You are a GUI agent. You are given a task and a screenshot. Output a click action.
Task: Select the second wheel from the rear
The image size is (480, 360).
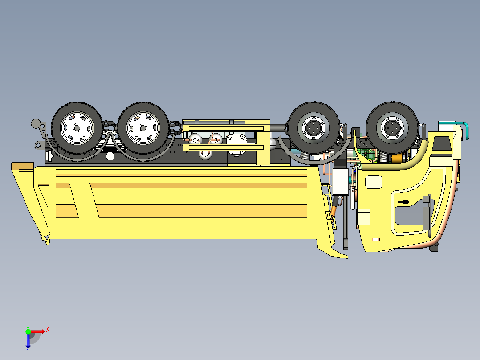(x=143, y=128)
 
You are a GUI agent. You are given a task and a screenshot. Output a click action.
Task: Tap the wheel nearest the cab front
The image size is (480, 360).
(x=392, y=127)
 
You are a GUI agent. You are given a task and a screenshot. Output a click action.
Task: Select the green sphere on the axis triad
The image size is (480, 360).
(x=28, y=331)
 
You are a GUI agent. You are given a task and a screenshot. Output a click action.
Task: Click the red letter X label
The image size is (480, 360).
(x=47, y=329)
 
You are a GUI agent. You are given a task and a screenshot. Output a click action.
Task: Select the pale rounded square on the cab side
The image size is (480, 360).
(x=374, y=181)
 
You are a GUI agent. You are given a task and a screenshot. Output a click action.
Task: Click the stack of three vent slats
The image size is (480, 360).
(x=363, y=218)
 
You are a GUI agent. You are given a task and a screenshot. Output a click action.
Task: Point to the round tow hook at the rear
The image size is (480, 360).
(x=35, y=123)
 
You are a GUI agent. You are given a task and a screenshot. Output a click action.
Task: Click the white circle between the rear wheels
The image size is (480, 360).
(x=110, y=156)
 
